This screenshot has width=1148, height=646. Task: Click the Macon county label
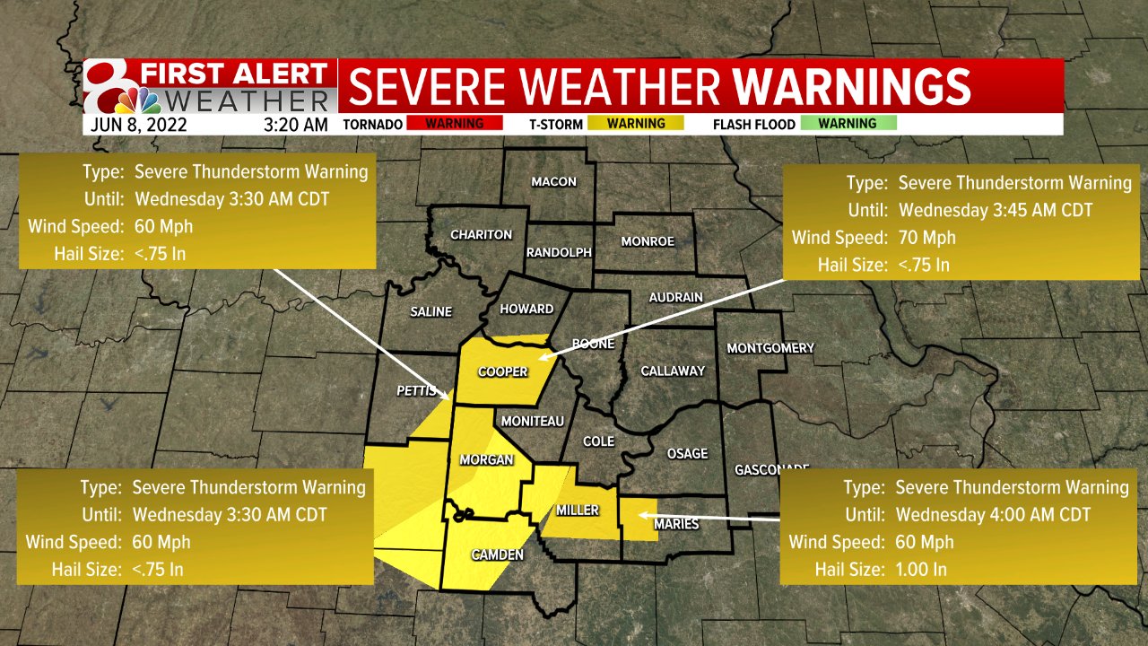click(553, 182)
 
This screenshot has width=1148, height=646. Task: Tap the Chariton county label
click(482, 235)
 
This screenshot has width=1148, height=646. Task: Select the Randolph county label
click(558, 252)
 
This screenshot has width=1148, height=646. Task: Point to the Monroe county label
click(647, 241)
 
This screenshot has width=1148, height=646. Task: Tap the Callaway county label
click(673, 371)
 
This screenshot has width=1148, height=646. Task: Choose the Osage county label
click(687, 454)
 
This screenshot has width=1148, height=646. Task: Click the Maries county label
click(677, 524)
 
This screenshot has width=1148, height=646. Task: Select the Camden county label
click(497, 555)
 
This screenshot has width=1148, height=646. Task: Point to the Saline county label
click(430, 312)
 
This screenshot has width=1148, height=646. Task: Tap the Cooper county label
click(502, 372)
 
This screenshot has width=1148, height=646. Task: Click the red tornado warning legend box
click(455, 124)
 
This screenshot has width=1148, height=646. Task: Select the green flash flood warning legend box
click(847, 124)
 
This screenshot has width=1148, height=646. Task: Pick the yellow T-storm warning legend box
click(636, 124)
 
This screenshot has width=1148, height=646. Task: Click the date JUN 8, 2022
click(138, 125)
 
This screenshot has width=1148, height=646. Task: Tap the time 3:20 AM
click(296, 125)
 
